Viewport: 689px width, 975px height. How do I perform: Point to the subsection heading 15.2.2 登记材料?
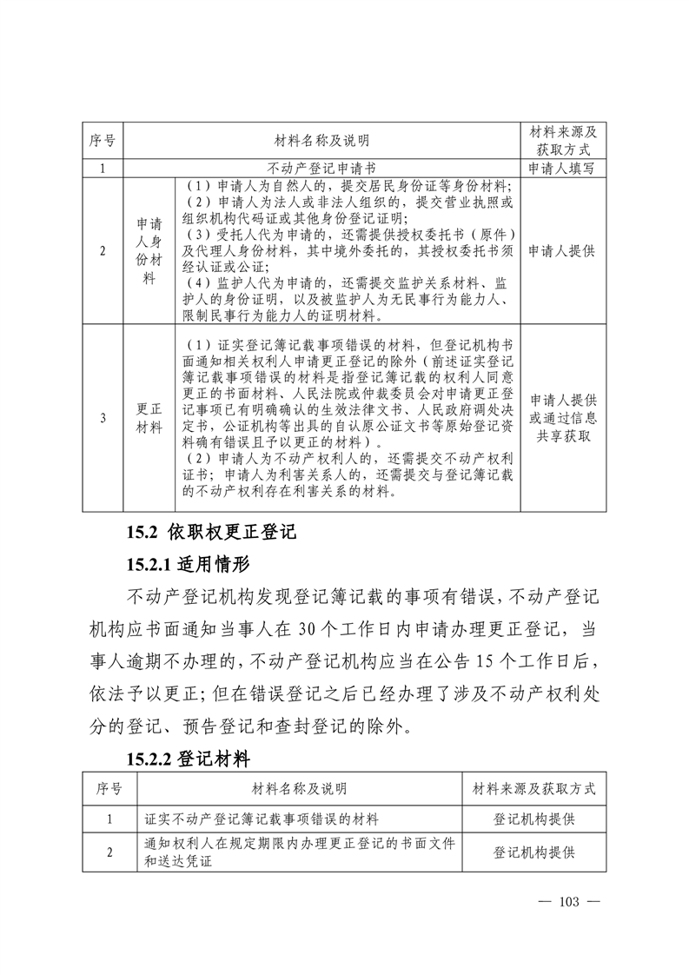pos(188,759)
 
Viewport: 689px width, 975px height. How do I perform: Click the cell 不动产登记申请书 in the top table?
pos(321,169)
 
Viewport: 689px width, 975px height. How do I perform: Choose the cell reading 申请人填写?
pos(562,169)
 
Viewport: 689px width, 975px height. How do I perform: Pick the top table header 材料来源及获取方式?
pos(562,140)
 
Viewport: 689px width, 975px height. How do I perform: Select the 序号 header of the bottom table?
pos(109,789)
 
